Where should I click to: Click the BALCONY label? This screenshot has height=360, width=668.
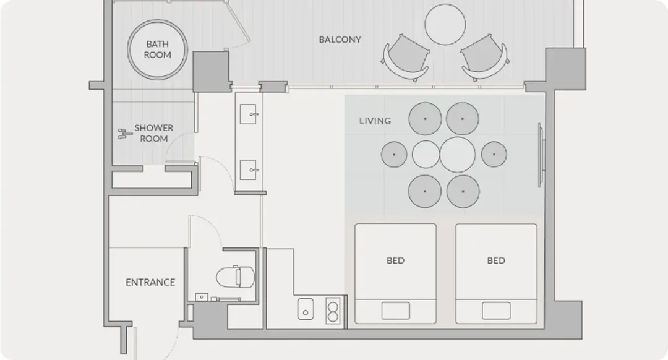(340, 40)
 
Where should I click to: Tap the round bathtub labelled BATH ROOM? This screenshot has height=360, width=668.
(157, 49)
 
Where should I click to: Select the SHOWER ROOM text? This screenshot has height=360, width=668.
(154, 133)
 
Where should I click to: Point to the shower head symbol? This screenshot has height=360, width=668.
(124, 134)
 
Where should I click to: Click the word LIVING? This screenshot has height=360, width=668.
(375, 121)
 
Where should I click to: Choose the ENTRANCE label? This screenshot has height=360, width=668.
(150, 283)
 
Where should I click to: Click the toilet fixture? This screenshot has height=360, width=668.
(235, 277)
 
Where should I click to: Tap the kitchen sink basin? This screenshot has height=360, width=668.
(306, 309)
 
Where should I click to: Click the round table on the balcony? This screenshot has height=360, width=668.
(445, 24)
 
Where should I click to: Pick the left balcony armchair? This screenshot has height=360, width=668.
(406, 58)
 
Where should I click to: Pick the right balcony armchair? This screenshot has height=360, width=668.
(485, 58)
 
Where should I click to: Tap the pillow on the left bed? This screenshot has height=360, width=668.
(396, 311)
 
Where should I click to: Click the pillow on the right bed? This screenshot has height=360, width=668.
(496, 311)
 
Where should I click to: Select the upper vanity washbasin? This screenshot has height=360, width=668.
(248, 114)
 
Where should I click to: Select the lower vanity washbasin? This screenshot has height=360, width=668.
(248, 169)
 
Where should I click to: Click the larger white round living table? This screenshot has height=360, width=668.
(458, 154)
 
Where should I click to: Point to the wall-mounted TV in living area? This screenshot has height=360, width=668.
(541, 155)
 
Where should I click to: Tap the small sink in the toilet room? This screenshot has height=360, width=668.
(202, 296)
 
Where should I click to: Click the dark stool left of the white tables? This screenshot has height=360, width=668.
(394, 154)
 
